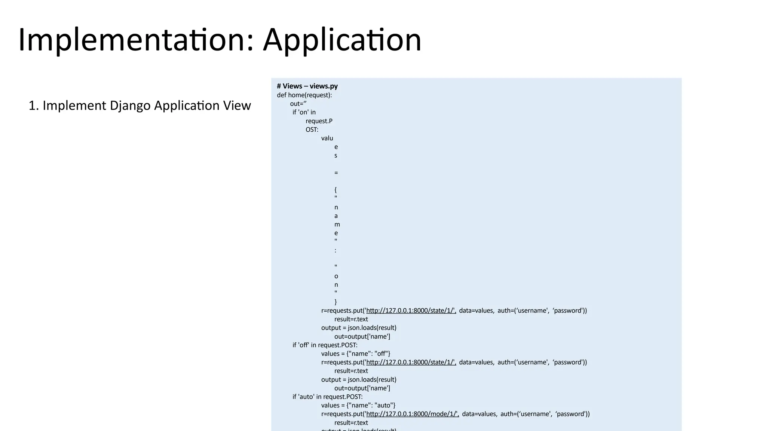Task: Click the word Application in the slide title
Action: tap(342, 40)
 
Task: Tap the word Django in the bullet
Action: tap(130, 106)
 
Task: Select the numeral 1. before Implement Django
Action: tap(34, 106)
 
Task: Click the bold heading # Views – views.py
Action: tap(307, 86)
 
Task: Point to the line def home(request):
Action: tap(304, 95)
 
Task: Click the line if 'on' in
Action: tap(304, 112)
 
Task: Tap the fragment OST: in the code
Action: tap(312, 129)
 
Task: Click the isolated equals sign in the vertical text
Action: tap(336, 173)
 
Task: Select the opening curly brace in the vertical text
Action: tap(335, 190)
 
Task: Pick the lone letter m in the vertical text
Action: tap(337, 224)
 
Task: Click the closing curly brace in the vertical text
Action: tap(335, 302)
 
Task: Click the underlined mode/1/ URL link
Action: tap(412, 414)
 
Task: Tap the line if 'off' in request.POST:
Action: tap(325, 345)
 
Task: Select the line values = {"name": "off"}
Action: tap(355, 354)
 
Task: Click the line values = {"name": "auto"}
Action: tap(358, 405)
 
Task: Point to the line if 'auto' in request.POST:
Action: tap(327, 397)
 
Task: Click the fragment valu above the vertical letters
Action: tap(327, 138)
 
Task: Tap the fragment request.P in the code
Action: tap(319, 121)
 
